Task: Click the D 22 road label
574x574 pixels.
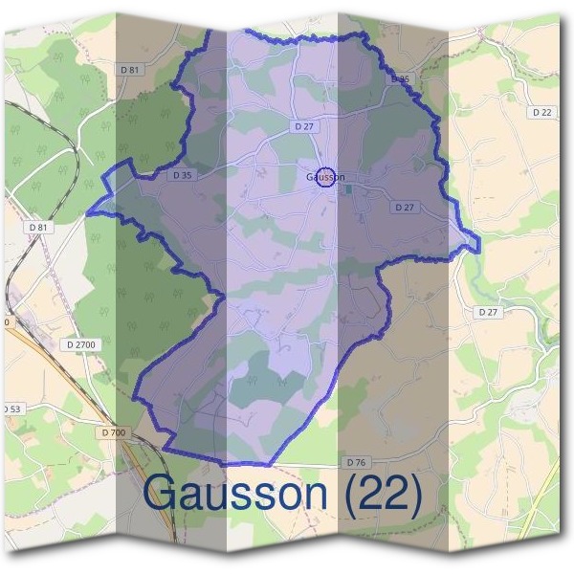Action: [x=541, y=112]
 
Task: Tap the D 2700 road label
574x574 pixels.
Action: [x=83, y=343]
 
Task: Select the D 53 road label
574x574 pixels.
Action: [x=11, y=408]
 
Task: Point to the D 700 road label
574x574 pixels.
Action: [x=112, y=432]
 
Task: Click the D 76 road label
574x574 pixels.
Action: [x=355, y=462]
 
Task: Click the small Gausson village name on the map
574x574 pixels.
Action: [x=324, y=177]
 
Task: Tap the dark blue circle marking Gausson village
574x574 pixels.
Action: [x=327, y=177]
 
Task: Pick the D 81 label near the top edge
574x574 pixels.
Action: [x=131, y=70]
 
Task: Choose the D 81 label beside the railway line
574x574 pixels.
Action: [x=38, y=227]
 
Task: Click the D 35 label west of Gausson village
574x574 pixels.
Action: [x=182, y=175]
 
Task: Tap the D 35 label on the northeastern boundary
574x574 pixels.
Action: [x=401, y=78]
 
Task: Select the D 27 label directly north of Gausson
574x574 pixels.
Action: [x=304, y=125]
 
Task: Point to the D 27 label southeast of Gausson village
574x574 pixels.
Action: [x=405, y=207]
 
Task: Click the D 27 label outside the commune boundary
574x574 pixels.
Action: [x=488, y=312]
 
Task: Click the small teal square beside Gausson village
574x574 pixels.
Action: [x=347, y=188]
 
